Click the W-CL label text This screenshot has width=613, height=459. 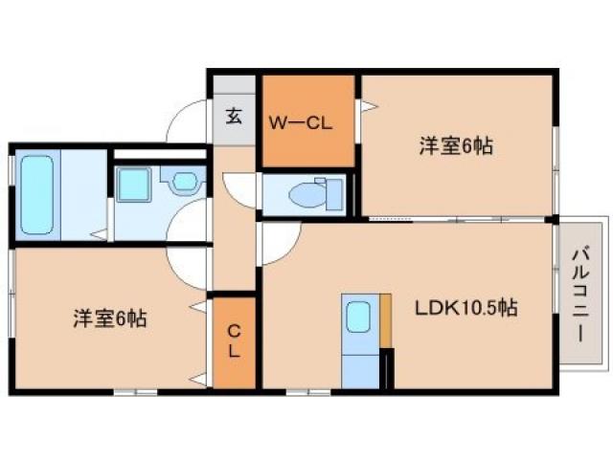click(x=298, y=122)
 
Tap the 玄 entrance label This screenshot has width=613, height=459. click(x=234, y=117)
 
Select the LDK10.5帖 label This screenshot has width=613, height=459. click(x=466, y=308)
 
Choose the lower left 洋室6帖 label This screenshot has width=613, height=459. click(x=109, y=318)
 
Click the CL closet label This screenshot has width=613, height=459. click(x=234, y=341)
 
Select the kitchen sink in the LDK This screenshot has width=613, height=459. click(x=358, y=316)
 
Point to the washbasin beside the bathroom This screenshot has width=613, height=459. click(x=182, y=180)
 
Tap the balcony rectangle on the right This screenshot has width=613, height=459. click(x=580, y=293)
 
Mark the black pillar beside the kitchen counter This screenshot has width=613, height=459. click(x=387, y=369)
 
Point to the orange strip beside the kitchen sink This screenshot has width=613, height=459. click(x=386, y=320)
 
